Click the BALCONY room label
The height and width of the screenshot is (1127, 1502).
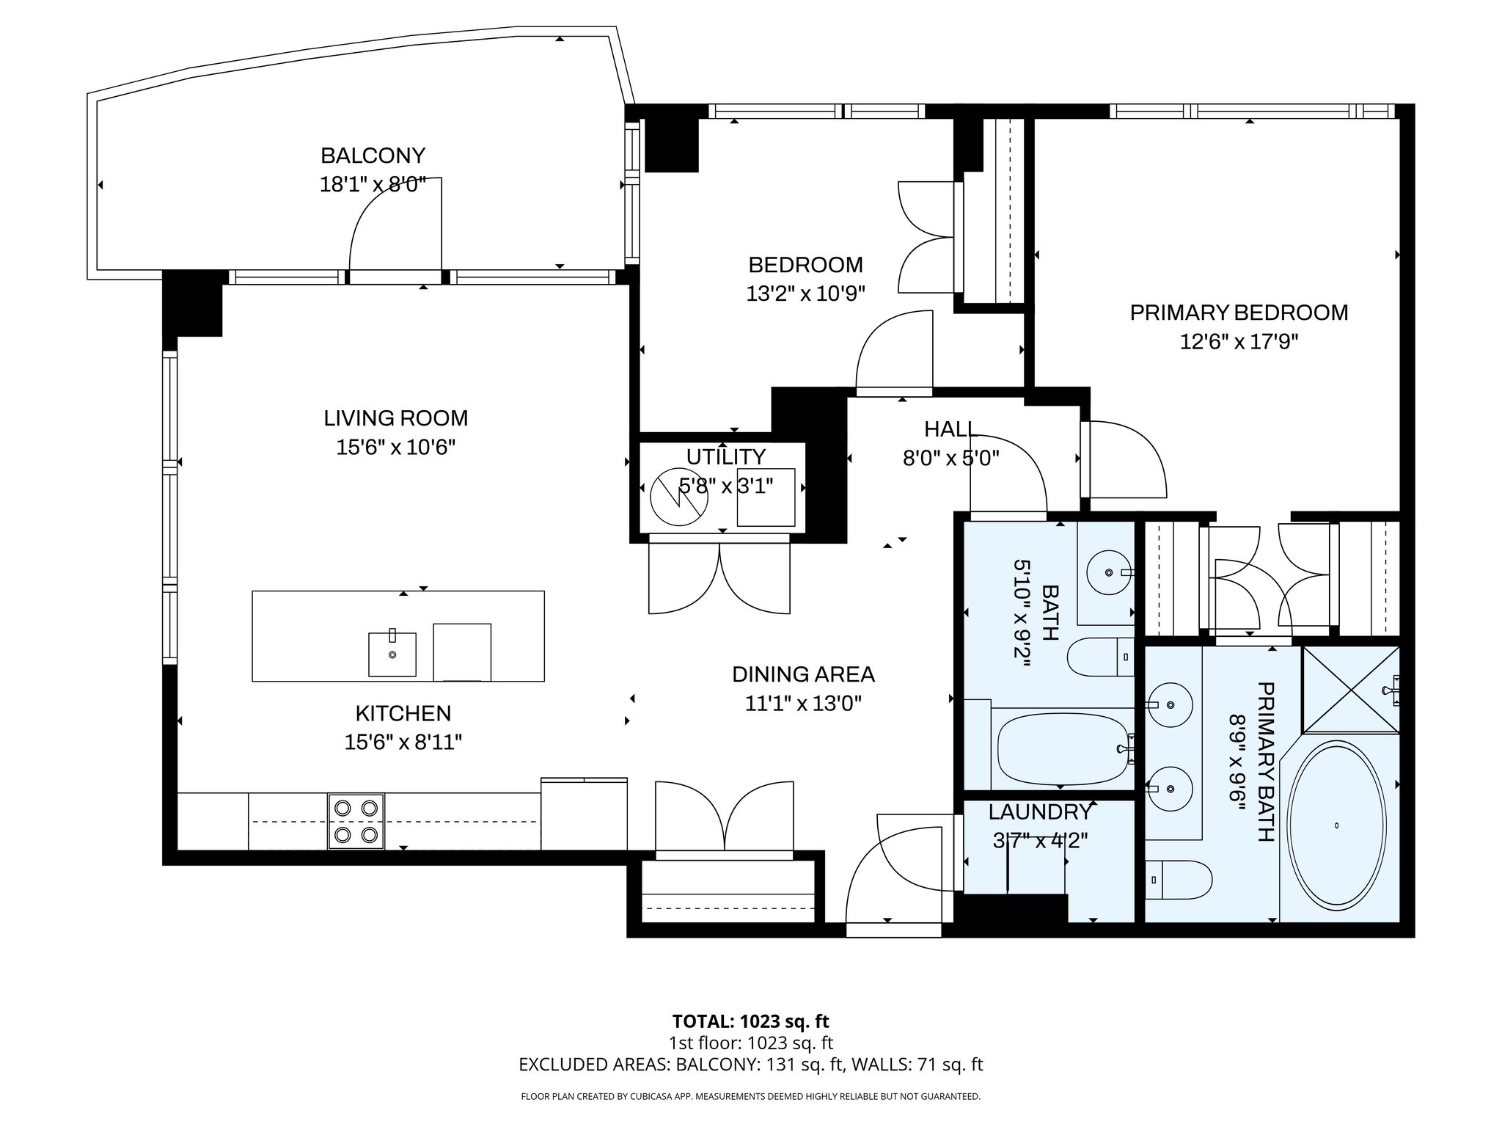click(373, 156)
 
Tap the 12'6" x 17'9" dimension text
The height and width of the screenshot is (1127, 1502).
click(1239, 342)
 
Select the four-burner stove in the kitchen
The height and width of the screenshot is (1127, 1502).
click(356, 822)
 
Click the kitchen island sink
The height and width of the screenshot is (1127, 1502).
click(392, 653)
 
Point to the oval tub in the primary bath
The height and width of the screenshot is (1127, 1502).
click(1337, 825)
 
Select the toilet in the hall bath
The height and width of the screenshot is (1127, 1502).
click(1100, 657)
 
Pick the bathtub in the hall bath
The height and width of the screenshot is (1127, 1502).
click(1062, 750)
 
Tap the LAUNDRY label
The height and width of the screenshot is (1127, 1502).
click(1039, 812)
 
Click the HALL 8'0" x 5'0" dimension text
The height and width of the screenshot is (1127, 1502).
click(950, 459)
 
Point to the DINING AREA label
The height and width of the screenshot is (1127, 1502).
click(803, 674)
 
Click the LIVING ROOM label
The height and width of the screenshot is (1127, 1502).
click(395, 418)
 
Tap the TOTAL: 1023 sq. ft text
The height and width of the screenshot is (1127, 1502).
click(750, 1021)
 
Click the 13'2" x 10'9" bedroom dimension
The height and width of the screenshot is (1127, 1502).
click(805, 294)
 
